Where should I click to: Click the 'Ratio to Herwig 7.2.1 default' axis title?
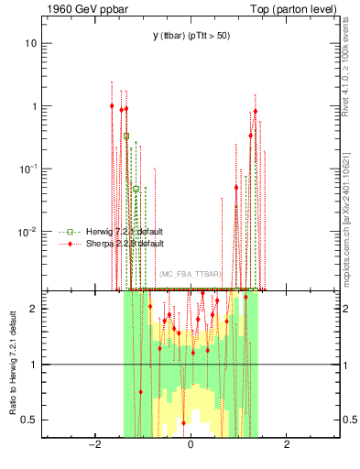pos(13,363)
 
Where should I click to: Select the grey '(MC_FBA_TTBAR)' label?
pos(190,274)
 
